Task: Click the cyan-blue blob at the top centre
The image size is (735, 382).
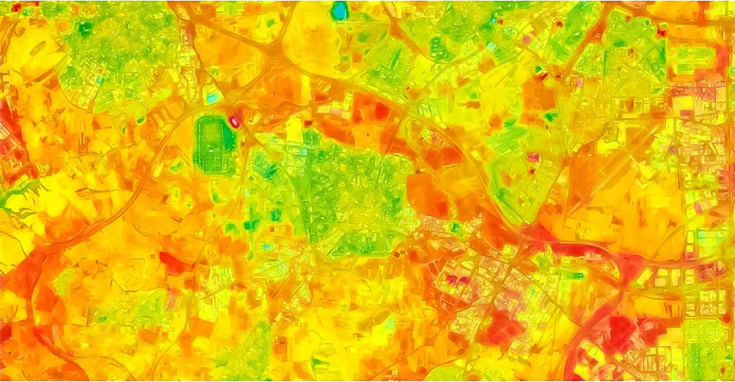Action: [339, 11]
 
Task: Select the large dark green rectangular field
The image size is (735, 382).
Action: [216, 144]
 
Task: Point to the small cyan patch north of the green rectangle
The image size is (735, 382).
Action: [212, 96]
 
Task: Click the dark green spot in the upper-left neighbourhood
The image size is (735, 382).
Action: [85, 28]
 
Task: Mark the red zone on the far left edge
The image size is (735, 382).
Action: [9, 136]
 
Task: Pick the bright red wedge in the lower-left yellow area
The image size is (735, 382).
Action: [172, 262]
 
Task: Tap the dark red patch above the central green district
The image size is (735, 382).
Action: [370, 111]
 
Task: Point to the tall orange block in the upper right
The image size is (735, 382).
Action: [538, 93]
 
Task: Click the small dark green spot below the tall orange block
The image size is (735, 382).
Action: [551, 116]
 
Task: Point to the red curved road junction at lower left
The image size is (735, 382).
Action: [36, 266]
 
